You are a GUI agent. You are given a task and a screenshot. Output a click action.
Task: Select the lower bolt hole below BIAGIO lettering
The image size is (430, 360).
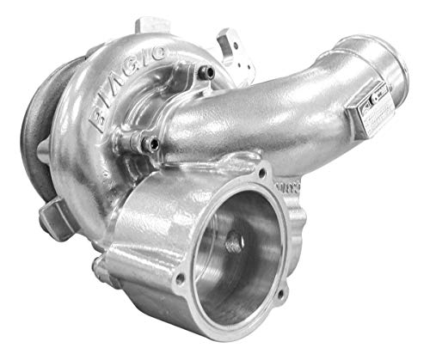(x=153, y=143)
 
